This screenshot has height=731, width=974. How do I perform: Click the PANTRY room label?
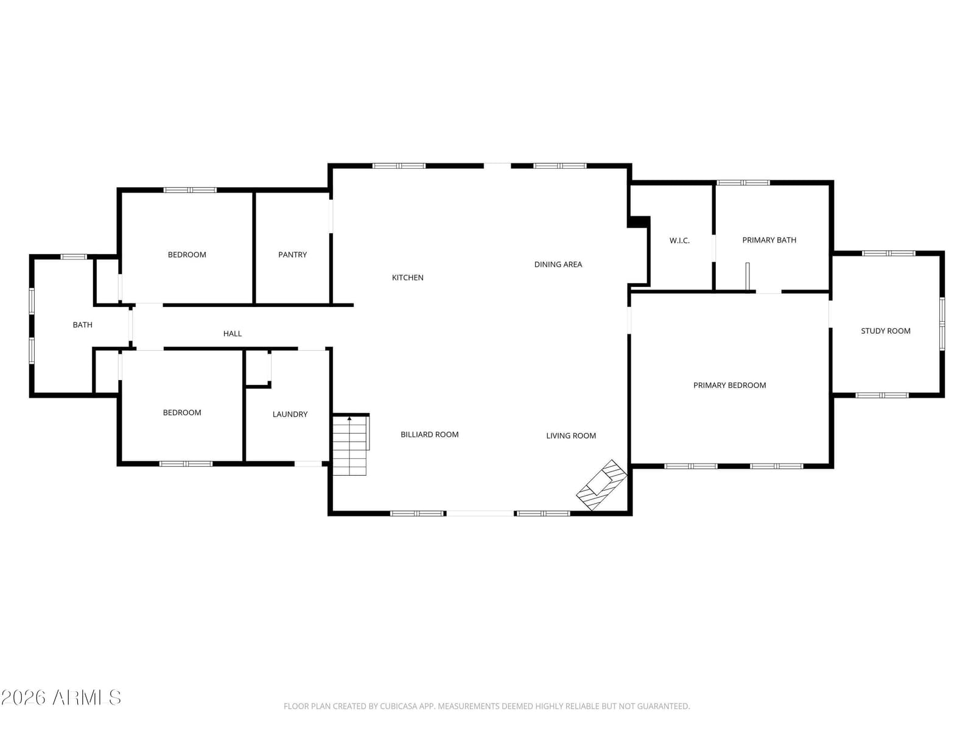coord(292,255)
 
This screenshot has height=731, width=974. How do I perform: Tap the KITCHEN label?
coord(407,278)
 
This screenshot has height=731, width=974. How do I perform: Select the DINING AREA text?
coord(558,264)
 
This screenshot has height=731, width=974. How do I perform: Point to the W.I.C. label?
coord(679,241)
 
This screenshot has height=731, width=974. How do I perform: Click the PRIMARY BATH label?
coord(769,240)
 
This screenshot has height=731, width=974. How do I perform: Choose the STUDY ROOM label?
coord(885,331)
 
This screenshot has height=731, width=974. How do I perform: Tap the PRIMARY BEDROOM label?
coord(729,385)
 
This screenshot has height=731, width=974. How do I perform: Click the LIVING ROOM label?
coord(570,436)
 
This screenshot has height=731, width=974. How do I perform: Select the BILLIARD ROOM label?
coord(430,434)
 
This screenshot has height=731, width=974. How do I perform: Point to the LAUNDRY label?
coord(290,414)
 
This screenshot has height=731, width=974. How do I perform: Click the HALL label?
coord(232,334)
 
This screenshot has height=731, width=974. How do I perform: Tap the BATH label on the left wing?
coord(83,325)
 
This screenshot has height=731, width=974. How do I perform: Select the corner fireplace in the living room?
coord(601,485)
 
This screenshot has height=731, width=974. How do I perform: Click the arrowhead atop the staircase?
coord(349,418)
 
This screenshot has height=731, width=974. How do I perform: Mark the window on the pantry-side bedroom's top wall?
coord(190,190)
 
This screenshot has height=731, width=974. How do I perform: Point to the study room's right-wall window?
coord(942,324)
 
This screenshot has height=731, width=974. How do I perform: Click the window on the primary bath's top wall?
coord(743,182)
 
